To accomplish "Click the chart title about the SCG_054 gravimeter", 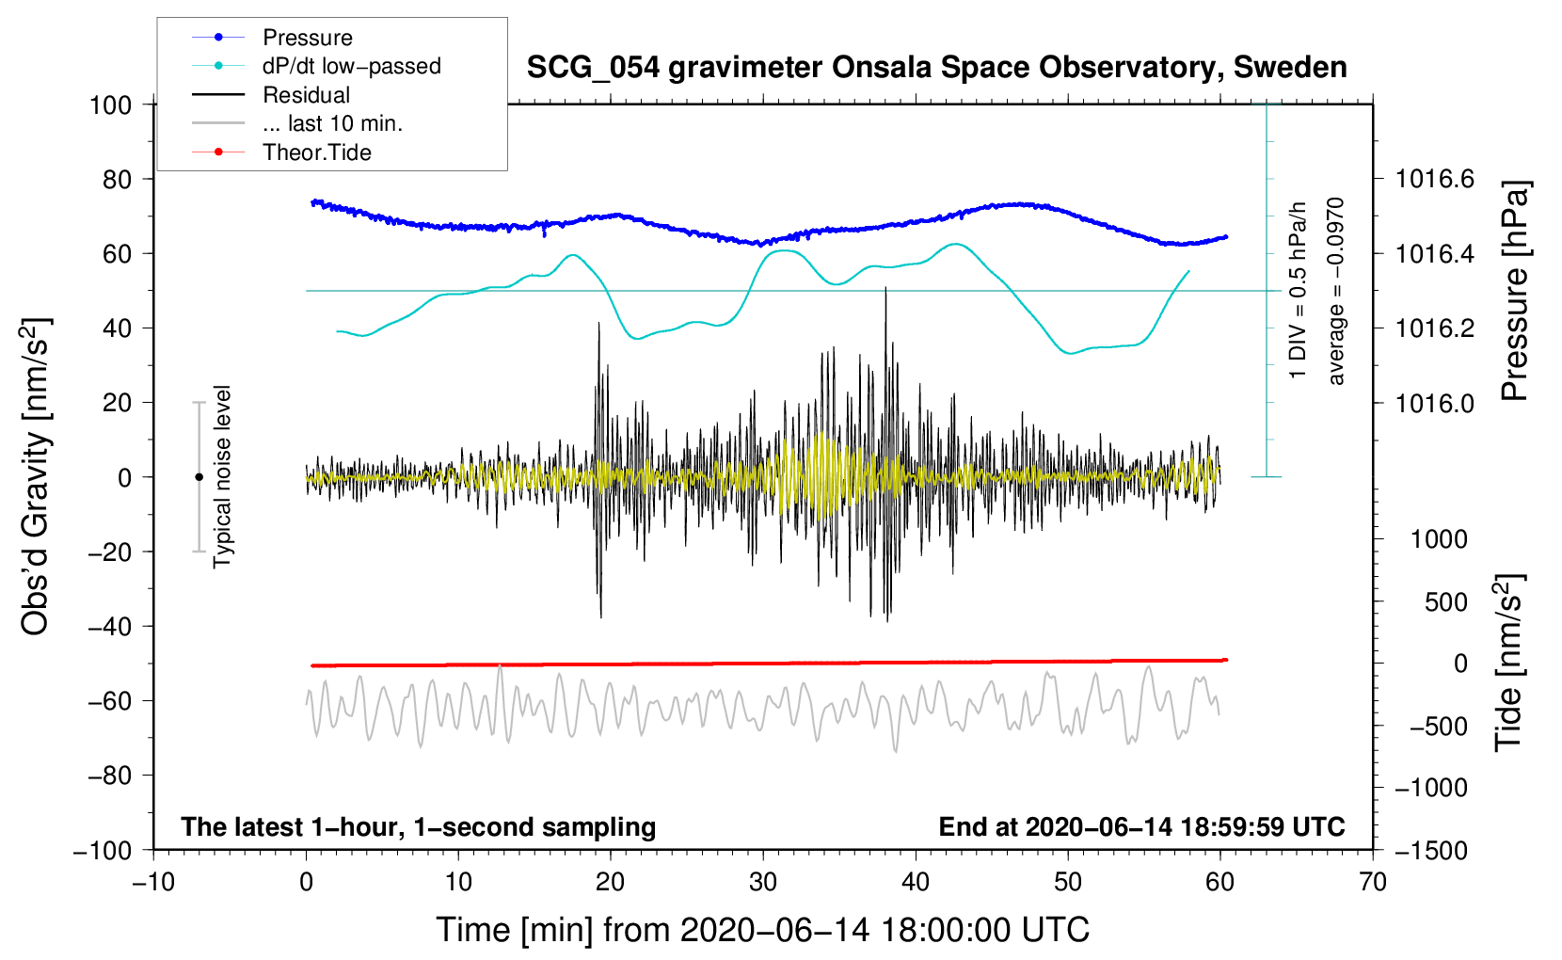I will coord(936,68).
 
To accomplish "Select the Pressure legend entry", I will coord(307,38).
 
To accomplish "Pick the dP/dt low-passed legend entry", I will coord(351,66).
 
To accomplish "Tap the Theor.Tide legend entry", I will coord(316,152).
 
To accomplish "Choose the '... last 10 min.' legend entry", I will coord(332,123).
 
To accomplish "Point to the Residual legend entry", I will coord(306,95).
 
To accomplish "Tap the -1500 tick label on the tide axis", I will coord(1431,850).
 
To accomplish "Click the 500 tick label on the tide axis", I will coord(1445,602).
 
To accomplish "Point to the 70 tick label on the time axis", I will coord(1373,882).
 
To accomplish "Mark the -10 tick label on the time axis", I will coord(153,882).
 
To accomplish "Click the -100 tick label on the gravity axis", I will coord(104,850).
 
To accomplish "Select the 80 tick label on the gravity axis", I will coord(117,179).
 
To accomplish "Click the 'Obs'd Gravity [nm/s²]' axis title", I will coord(36,477).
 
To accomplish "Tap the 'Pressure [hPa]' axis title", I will coord(1514,291).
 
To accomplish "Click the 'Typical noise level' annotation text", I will coord(222,476).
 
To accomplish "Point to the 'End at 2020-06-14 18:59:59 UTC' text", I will coord(1141,826).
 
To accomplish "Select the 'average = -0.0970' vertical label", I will coord(1335,291).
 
